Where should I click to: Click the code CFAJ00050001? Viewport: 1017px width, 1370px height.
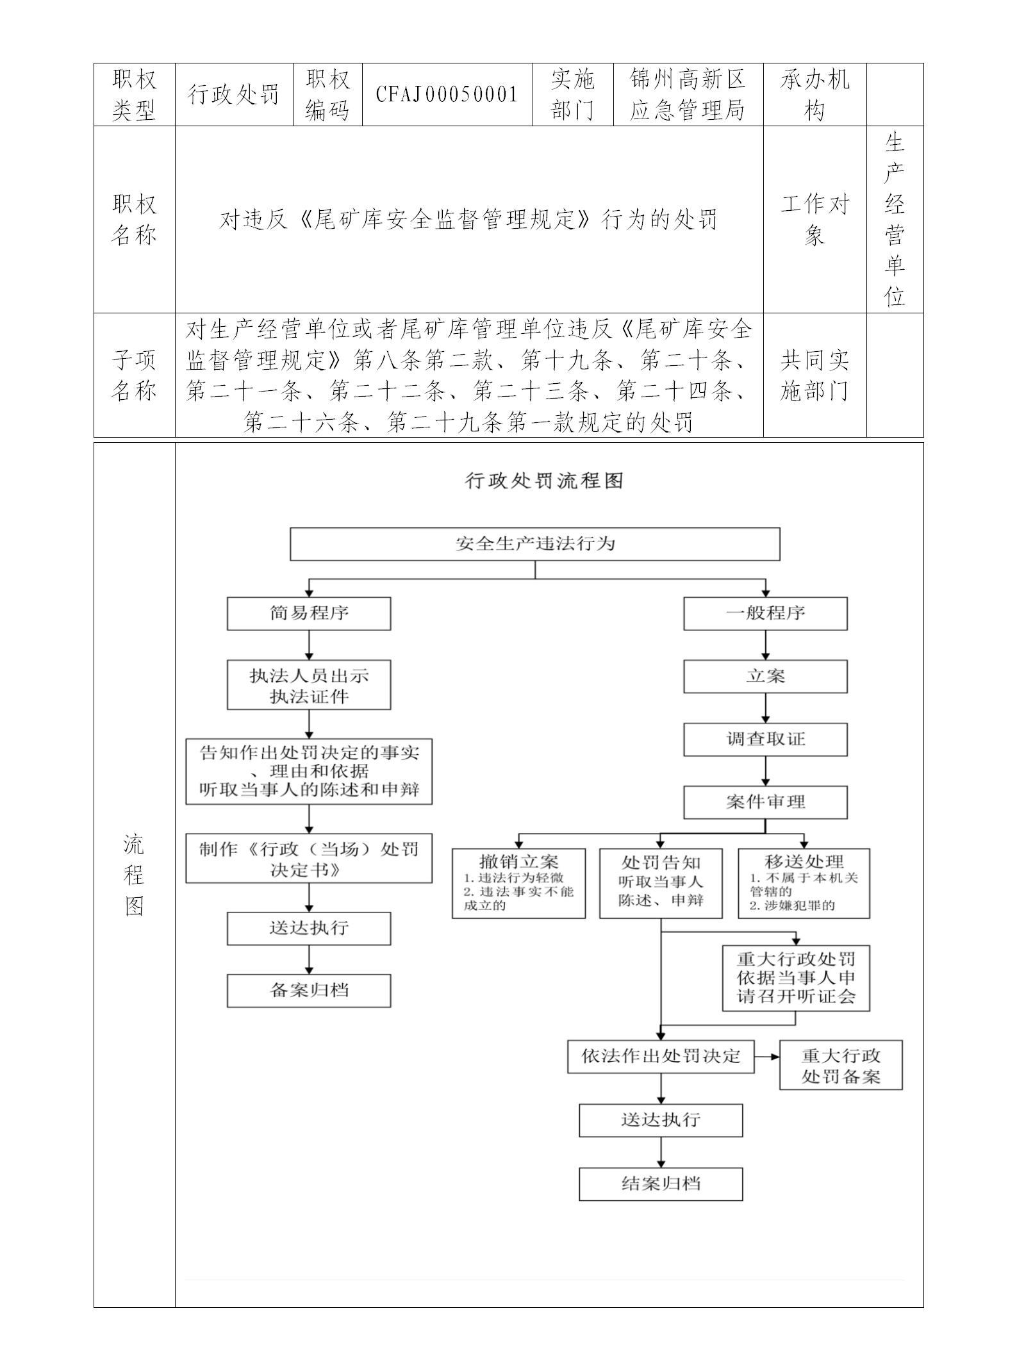point(447,95)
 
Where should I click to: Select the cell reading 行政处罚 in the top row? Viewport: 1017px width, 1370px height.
point(234,95)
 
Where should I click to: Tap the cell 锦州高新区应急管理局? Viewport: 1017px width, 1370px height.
point(688,95)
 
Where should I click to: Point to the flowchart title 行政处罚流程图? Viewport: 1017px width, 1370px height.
point(543,481)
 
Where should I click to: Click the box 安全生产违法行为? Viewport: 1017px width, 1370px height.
point(534,544)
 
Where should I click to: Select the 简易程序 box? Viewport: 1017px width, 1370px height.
point(309,613)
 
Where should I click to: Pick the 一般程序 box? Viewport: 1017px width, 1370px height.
point(765,613)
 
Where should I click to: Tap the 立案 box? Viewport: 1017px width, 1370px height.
point(765,677)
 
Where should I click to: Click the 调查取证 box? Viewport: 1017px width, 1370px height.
point(765,739)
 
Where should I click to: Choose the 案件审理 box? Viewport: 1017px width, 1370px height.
point(765,802)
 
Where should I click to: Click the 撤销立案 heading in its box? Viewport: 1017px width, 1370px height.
point(518,861)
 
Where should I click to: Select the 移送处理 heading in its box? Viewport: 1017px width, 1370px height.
point(804,861)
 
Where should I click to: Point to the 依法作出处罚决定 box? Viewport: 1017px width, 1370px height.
point(661,1056)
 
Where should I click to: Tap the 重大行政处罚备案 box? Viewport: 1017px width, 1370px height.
point(840,1065)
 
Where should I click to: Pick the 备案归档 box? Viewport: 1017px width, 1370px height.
point(309,991)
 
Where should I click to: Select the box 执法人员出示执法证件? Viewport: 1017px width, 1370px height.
point(309,686)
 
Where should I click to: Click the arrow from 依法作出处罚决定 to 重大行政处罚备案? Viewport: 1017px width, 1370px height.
point(766,1056)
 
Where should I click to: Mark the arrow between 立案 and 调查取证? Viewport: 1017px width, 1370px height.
point(765,708)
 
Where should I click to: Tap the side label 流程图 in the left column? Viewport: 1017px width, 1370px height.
point(134,875)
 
